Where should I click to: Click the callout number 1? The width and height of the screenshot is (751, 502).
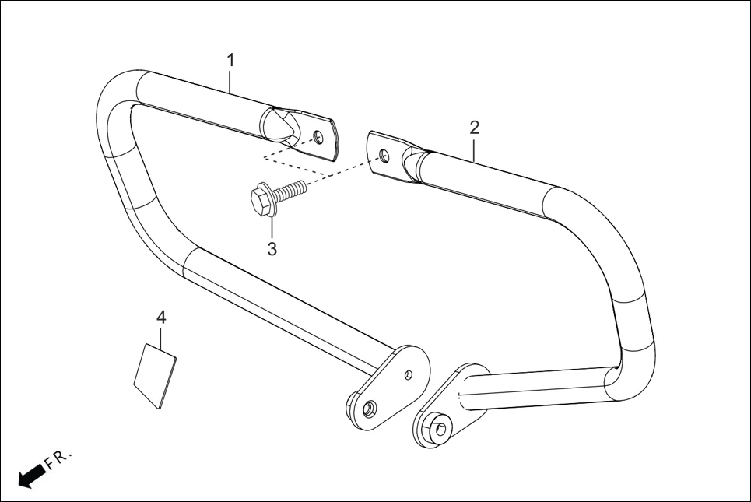pyautogui.click(x=230, y=60)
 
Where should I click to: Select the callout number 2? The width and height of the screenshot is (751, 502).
pyautogui.click(x=475, y=127)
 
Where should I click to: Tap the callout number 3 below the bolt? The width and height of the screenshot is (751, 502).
pyautogui.click(x=272, y=249)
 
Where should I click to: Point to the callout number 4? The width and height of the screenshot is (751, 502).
pyautogui.click(x=161, y=317)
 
